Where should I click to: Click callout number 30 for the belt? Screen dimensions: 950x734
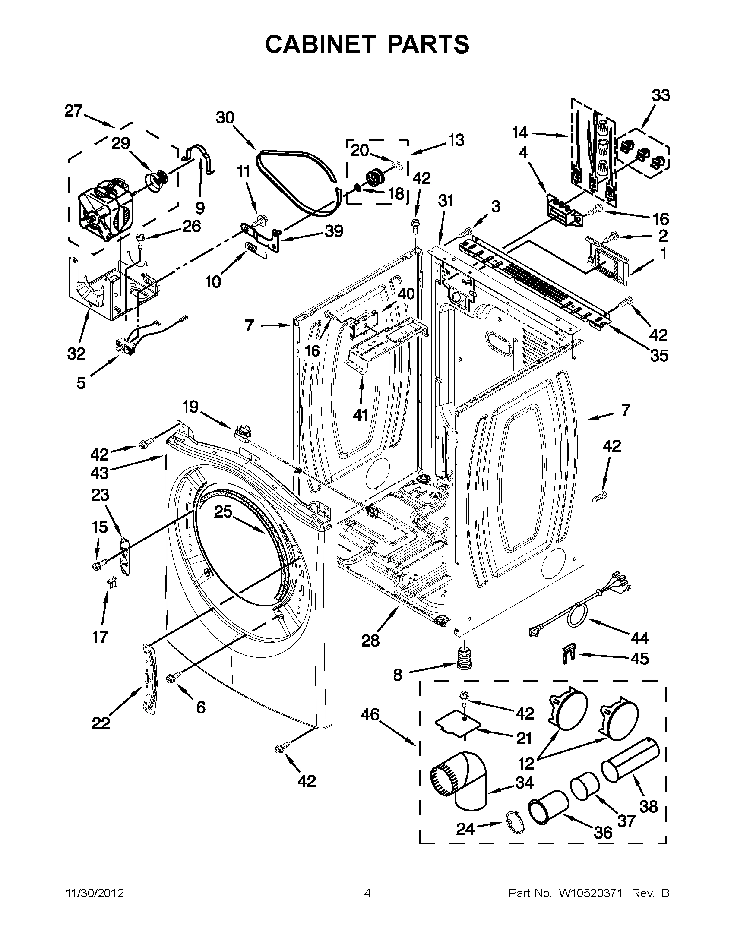click(225, 117)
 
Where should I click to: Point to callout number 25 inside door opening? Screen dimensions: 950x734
click(223, 512)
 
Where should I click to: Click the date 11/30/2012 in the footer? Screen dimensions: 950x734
click(95, 893)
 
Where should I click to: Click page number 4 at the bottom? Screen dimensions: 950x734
click(367, 893)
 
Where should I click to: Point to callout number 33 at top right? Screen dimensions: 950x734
click(660, 95)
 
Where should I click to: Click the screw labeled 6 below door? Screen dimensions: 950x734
click(173, 677)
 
